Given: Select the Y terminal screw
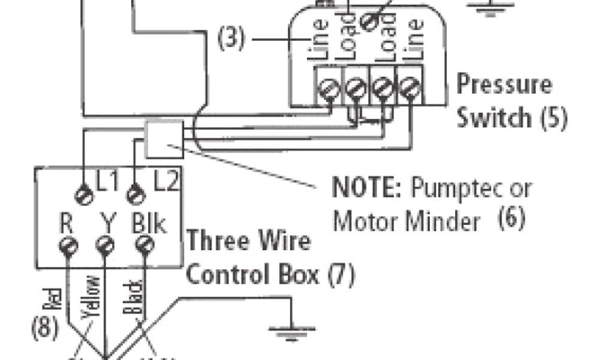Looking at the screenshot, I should click(104, 245).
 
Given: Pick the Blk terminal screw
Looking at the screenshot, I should click(143, 245).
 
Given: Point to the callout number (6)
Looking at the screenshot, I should click(511, 219).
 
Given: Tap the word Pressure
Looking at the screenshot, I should click(504, 84).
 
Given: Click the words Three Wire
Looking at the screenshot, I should click(249, 242).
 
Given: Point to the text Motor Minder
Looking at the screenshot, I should click(407, 221).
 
